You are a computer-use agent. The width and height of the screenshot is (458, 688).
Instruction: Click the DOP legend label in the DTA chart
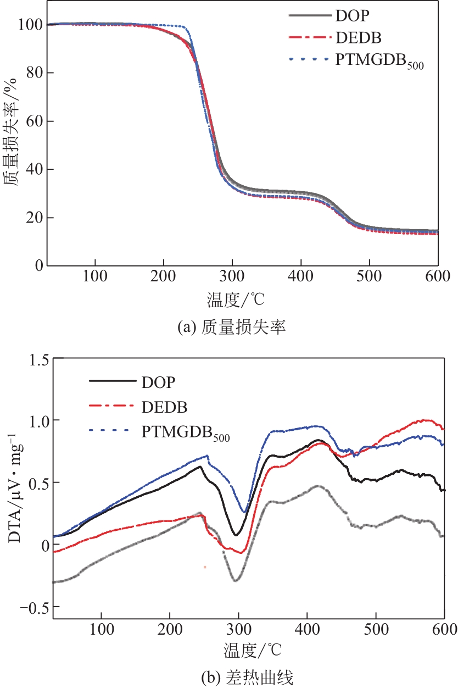click(160, 381)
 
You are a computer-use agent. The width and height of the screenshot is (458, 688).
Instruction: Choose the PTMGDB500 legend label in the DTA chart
click(185, 434)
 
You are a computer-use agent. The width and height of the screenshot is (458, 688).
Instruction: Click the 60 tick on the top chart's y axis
click(35, 121)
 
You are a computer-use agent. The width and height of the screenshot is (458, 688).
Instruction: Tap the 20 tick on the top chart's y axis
click(35, 218)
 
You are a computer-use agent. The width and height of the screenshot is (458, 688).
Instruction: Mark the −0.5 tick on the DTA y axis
click(33, 607)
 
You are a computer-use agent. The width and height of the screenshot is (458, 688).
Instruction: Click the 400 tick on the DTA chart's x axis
click(307, 628)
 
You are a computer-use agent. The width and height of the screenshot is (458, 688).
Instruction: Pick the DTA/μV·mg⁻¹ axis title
click(15, 484)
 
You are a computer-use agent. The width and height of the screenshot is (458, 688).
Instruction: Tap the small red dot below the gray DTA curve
click(204, 567)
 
